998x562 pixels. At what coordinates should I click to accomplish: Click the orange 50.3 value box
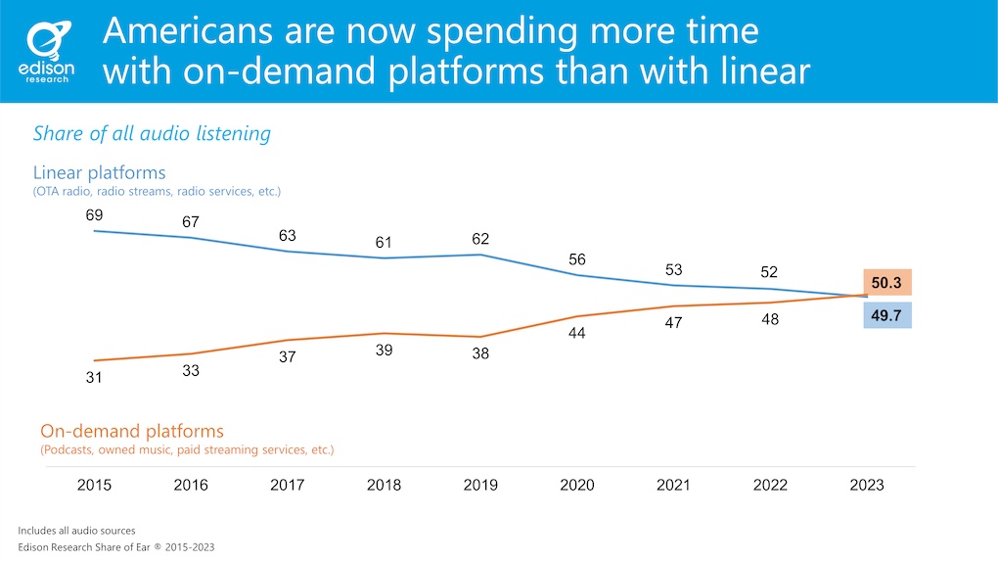pyautogui.click(x=886, y=282)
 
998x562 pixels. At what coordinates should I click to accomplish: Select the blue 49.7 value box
pyautogui.click(x=886, y=314)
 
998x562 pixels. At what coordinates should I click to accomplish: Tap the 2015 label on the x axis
pyautogui.click(x=95, y=486)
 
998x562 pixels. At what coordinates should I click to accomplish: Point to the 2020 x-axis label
pyautogui.click(x=577, y=486)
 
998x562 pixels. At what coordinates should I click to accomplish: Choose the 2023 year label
pyautogui.click(x=867, y=486)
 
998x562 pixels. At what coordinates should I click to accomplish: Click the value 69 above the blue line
pyautogui.click(x=95, y=214)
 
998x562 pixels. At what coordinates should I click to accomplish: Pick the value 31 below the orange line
pyautogui.click(x=95, y=377)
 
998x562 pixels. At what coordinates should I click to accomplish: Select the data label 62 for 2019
pyautogui.click(x=480, y=239)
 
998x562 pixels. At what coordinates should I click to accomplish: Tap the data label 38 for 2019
pyautogui.click(x=480, y=354)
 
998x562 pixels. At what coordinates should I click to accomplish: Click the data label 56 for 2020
pyautogui.click(x=577, y=259)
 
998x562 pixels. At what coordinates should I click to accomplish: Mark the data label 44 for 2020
pyautogui.click(x=577, y=334)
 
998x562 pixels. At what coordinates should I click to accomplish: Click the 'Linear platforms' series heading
pyautogui.click(x=99, y=172)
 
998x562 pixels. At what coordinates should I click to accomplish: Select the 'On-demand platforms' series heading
pyautogui.click(x=132, y=431)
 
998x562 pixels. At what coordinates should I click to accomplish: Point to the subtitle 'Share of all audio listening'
pyautogui.click(x=152, y=133)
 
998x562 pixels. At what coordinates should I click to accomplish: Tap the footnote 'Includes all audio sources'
pyautogui.click(x=76, y=530)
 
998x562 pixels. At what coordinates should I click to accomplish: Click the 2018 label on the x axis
pyautogui.click(x=385, y=486)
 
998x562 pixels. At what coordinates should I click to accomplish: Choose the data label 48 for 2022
pyautogui.click(x=770, y=319)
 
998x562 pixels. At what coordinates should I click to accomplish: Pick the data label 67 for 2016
pyautogui.click(x=192, y=222)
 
